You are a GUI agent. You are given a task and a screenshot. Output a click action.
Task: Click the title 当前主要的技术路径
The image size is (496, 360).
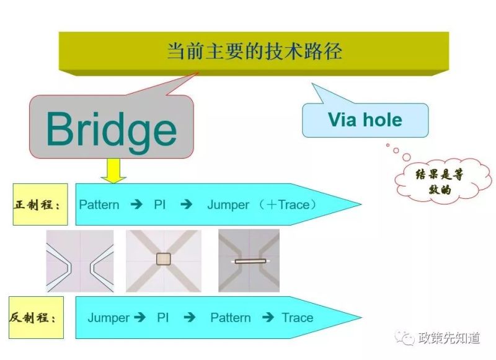click(254, 51)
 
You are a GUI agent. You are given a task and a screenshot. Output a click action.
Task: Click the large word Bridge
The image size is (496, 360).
click(112, 131)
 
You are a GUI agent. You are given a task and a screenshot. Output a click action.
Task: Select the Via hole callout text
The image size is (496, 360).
click(365, 120)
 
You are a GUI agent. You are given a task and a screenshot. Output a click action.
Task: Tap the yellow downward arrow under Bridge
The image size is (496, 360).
click(113, 170)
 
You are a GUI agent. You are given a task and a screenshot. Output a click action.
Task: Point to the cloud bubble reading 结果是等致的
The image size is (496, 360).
click(443, 180)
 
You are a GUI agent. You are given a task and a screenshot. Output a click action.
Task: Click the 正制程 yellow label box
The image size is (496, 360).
click(40, 204)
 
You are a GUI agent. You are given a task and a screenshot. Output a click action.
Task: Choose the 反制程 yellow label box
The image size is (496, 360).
click(36, 317)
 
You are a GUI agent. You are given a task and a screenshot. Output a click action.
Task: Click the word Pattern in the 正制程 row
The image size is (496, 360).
click(99, 205)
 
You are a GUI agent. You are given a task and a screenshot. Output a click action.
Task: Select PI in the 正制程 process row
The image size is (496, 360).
click(160, 205)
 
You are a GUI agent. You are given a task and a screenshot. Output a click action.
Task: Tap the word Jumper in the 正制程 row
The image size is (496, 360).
click(228, 205)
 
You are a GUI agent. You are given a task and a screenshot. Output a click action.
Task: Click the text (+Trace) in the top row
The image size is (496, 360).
click(287, 205)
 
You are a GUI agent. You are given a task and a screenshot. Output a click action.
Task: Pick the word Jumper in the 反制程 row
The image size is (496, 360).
click(108, 318)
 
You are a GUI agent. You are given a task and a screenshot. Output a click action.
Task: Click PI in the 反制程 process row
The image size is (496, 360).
click(162, 318)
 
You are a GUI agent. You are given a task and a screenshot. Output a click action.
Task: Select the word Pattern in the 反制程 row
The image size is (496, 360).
click(231, 318)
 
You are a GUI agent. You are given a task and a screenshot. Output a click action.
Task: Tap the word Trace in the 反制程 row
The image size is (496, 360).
click(298, 318)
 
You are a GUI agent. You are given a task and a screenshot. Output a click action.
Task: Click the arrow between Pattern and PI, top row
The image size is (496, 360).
click(136, 204)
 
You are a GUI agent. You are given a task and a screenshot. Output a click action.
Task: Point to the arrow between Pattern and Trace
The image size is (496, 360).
click(268, 317)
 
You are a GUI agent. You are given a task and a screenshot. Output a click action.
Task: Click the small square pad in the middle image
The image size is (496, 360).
click(164, 259)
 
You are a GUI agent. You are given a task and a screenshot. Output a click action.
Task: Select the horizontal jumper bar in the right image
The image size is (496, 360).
click(250, 261)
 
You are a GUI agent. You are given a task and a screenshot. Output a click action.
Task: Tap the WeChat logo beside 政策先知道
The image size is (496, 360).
click(405, 338)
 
